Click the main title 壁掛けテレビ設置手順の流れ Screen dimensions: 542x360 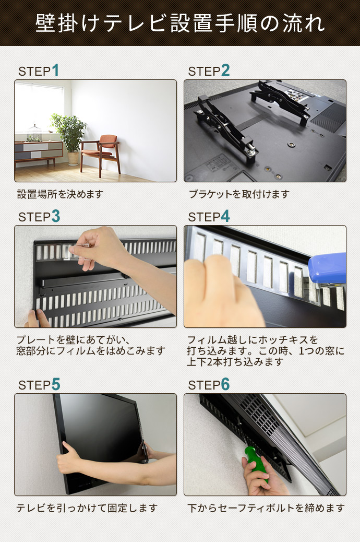point(180,23)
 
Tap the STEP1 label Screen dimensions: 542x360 point(39,71)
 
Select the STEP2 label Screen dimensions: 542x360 point(209,71)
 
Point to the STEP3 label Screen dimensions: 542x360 point(39,216)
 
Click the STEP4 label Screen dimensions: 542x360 point(209,216)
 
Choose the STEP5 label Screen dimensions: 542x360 point(39,385)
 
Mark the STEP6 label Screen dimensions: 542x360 point(209,385)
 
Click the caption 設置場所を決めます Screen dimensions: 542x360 point(61,194)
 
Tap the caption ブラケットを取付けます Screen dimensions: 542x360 point(239,194)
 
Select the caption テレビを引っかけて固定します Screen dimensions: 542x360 point(87,508)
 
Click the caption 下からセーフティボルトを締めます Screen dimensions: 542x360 point(266,508)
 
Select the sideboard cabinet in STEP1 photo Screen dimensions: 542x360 point(38,151)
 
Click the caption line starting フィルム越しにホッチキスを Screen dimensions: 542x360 point(253,340)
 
